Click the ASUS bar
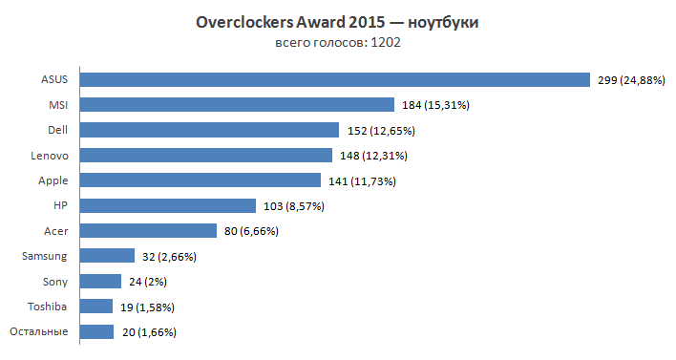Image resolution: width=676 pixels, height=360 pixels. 335,79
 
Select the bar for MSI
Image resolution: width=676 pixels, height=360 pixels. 237,104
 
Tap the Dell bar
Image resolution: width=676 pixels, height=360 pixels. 209,129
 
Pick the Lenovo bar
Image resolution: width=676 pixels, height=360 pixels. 206,155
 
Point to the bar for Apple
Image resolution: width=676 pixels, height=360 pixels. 201,180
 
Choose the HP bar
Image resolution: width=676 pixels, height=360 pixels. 168,205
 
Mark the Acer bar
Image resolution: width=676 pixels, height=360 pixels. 149,230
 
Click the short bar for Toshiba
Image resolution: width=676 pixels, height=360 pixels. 96,307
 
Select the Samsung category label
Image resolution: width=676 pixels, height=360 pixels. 45,256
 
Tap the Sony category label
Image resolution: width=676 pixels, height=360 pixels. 55,281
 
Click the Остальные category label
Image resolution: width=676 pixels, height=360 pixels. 38,331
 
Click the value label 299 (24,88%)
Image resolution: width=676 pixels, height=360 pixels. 637,80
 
